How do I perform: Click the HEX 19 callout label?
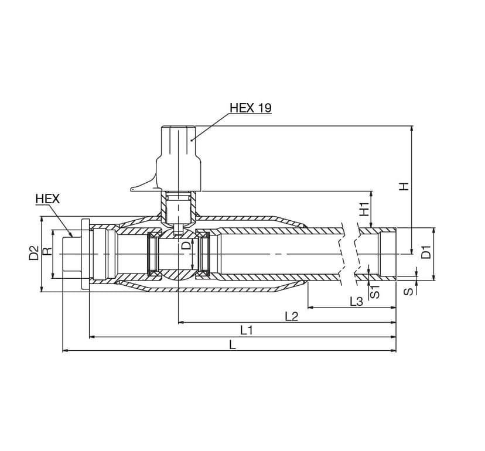click(x=251, y=108)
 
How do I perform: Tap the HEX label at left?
click(x=47, y=199)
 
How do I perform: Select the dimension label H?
click(x=404, y=186)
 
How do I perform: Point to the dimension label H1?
click(x=365, y=210)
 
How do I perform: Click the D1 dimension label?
click(x=426, y=252)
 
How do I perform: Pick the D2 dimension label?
click(x=34, y=252)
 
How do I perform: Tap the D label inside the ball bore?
click(x=186, y=246)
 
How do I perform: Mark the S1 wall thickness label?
click(x=375, y=292)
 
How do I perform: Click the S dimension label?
click(x=409, y=291)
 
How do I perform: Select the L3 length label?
click(x=356, y=301)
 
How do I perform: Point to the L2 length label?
click(x=291, y=316)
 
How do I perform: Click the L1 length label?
click(x=247, y=331)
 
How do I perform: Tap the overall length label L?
click(x=233, y=344)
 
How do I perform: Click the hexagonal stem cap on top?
click(x=179, y=142)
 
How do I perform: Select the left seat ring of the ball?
click(x=153, y=254)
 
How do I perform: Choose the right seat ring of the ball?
click(x=204, y=254)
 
